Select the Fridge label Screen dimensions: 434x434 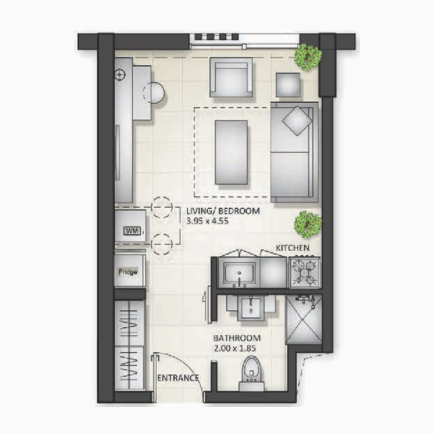[128, 272]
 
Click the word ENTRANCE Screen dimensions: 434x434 [177, 378]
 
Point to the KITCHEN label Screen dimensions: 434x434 [293, 248]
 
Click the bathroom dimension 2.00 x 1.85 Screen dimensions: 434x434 [234, 349]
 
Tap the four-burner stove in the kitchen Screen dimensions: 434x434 [303, 272]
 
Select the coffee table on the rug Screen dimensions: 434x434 [232, 152]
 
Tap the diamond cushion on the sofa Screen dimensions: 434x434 [296, 120]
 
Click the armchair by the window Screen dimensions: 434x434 [232, 79]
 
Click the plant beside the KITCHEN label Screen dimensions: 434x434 [308, 224]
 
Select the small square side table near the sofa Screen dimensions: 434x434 [288, 84]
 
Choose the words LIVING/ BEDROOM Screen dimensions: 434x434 [222, 210]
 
